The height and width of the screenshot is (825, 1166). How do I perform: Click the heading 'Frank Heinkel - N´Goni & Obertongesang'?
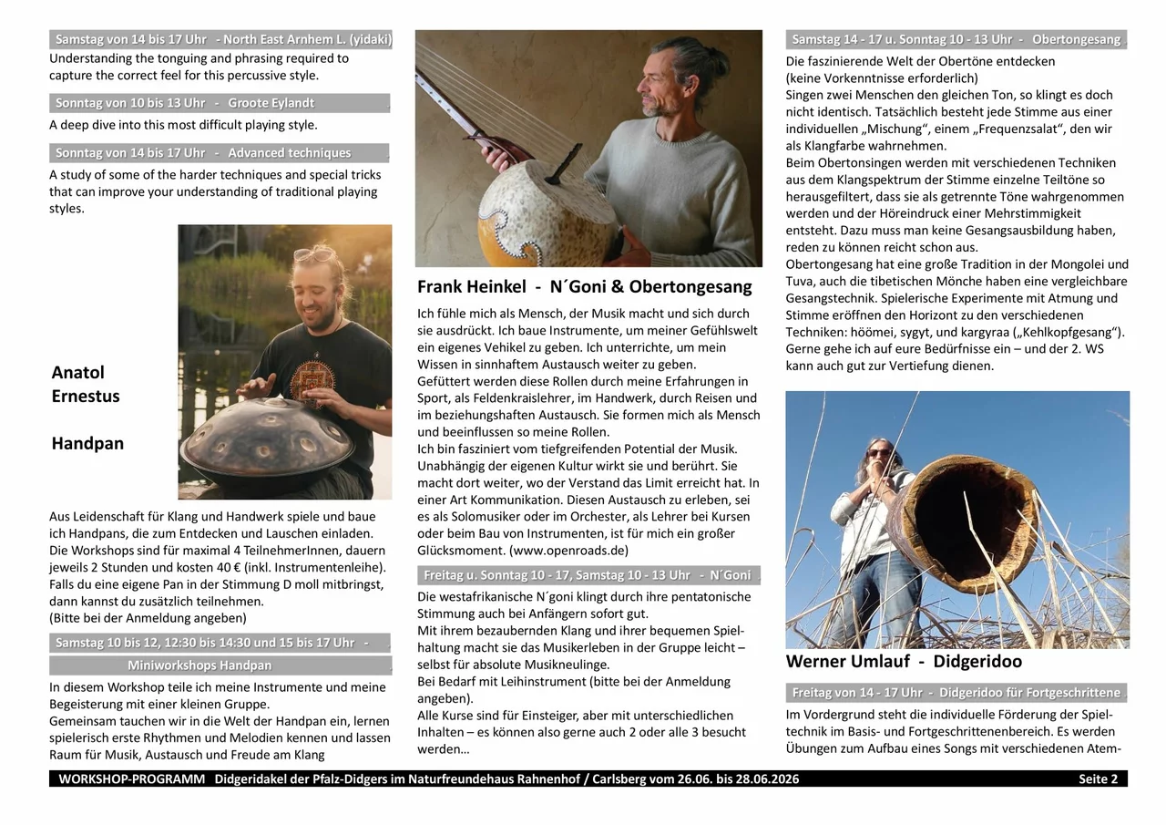pyautogui.click(x=584, y=286)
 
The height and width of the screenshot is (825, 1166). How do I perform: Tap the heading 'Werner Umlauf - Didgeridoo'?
pyautogui.click(x=904, y=661)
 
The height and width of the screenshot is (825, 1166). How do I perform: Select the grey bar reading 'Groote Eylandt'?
pyautogui.click(x=220, y=103)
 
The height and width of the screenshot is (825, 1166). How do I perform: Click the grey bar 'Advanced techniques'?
pyautogui.click(x=220, y=152)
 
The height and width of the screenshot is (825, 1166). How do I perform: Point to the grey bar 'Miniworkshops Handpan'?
pyautogui.click(x=220, y=665)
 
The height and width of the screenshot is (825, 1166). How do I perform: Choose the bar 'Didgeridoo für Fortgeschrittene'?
pyautogui.click(x=956, y=692)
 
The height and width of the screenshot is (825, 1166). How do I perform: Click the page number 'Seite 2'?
pyautogui.click(x=1098, y=779)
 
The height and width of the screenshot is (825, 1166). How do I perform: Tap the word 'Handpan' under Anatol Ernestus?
pyautogui.click(x=87, y=444)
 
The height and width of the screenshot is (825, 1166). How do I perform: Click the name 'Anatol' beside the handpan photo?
pyautogui.click(x=78, y=372)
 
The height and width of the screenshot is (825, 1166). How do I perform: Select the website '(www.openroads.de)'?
pyautogui.click(x=568, y=551)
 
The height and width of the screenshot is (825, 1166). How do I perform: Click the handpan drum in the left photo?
pyautogui.click(x=266, y=444)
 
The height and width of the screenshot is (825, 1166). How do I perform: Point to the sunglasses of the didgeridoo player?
pyautogui.click(x=880, y=452)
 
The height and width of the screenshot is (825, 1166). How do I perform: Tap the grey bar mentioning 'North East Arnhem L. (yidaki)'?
pyautogui.click(x=220, y=39)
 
